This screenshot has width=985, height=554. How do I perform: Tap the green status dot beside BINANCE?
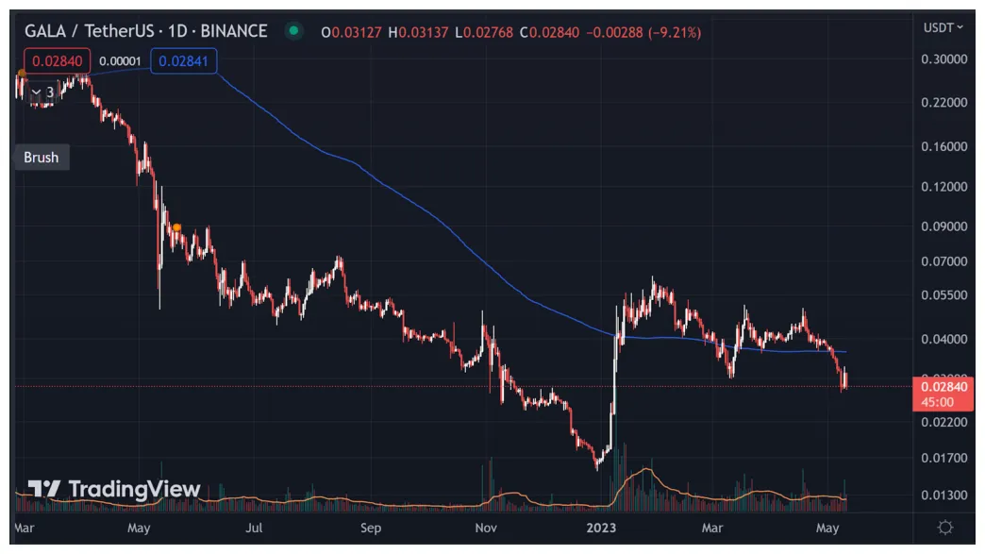[294, 31]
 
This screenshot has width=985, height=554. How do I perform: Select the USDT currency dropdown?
[943, 27]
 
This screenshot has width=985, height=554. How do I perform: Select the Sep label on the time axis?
[371, 528]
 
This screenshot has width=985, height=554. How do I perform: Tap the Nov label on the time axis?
[486, 528]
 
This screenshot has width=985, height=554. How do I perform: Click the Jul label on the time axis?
[255, 528]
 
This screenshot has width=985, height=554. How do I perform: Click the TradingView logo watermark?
[114, 489]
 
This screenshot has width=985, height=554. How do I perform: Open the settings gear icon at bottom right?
[944, 528]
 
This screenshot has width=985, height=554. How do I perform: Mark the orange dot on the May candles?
[176, 227]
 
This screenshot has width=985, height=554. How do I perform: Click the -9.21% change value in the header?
[674, 32]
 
